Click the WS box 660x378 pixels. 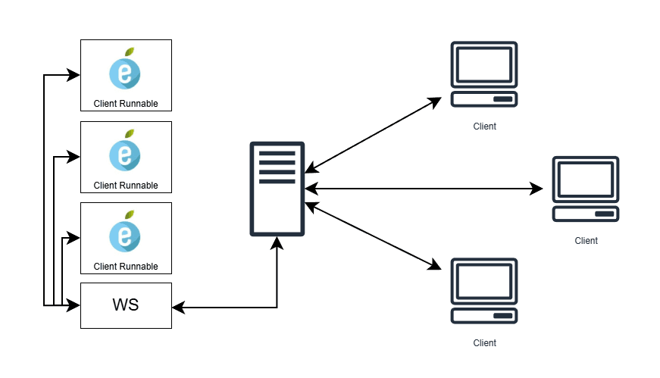point(126,305)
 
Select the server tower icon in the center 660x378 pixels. point(277,188)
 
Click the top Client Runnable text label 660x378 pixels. point(126,104)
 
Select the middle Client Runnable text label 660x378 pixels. point(126,185)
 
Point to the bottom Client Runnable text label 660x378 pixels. point(126,267)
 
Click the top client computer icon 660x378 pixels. point(484,75)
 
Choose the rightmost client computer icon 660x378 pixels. point(586,189)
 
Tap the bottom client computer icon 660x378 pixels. point(484,292)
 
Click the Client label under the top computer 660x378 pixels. point(484,127)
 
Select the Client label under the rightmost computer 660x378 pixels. point(586,241)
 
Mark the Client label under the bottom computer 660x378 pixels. point(484,343)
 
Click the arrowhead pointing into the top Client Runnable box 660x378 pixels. point(74,75)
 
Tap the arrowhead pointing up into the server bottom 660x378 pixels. point(277,242)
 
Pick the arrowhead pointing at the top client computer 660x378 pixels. point(435,100)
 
